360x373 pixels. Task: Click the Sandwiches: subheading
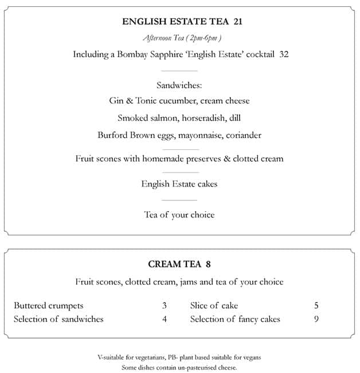[179, 86]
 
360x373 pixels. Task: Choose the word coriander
[241, 135]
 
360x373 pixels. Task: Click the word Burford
[113, 135]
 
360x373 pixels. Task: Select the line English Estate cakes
[179, 184]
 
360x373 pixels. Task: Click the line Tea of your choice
[179, 215]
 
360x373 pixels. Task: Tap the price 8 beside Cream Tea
[208, 265]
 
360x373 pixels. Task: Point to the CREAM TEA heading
[174, 265]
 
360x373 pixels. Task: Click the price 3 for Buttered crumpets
[164, 305]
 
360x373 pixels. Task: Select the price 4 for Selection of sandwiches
[164, 319]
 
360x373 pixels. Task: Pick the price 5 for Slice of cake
[316, 305]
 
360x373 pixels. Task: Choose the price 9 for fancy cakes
[316, 319]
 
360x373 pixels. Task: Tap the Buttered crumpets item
[49, 305]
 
